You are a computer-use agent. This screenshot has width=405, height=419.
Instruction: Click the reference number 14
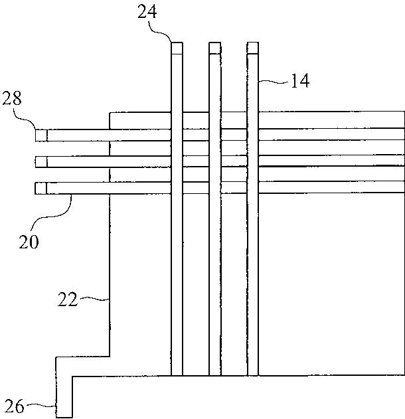tap(299, 81)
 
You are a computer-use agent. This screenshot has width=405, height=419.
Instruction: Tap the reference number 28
tap(13, 100)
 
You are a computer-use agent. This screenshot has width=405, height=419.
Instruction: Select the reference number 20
tap(28, 240)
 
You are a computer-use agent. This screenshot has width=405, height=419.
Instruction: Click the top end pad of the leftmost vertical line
tap(177, 48)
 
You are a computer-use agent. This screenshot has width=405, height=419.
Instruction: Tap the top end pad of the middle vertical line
tap(214, 48)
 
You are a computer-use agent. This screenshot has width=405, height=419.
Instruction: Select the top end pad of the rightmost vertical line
tap(252, 48)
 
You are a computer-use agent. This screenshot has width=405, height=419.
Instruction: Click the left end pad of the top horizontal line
tap(41, 135)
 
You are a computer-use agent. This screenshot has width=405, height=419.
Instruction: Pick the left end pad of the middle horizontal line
tap(41, 161)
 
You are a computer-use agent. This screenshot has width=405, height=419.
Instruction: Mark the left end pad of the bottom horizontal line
tap(41, 189)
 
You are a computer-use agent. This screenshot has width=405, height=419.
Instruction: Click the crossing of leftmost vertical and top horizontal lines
tap(177, 135)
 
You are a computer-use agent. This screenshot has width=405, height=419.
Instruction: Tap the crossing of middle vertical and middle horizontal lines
tap(214, 161)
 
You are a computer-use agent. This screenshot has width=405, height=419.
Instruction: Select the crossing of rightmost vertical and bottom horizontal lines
tap(252, 189)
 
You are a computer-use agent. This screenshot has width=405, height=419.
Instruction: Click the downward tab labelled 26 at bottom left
tap(64, 398)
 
